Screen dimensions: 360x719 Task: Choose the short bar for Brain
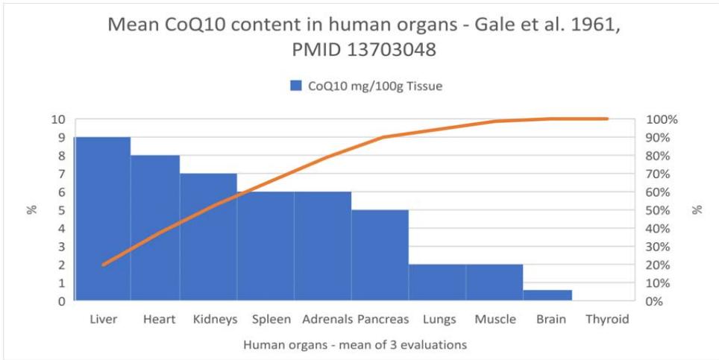tap(547, 296)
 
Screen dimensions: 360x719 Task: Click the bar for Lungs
tap(437, 282)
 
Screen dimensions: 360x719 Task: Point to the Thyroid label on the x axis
tap(607, 319)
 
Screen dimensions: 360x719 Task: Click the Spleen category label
tap(271, 319)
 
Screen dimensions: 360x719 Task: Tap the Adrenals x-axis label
tap(327, 319)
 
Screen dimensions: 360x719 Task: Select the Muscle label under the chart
tap(495, 319)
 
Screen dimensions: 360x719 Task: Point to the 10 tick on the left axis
tap(59, 119)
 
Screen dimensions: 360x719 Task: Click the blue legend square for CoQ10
tap(295, 86)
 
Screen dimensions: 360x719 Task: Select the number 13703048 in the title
tap(395, 50)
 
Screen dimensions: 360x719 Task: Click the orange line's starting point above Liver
tap(103, 265)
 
